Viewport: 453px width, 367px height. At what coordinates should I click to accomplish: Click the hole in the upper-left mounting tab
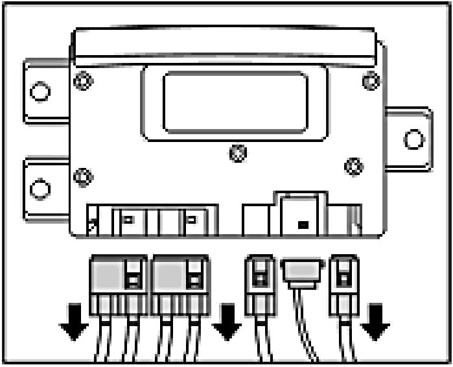coord(40,92)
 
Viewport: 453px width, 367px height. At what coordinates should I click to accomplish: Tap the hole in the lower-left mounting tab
coord(40,189)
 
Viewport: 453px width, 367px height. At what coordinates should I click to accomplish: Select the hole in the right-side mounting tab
coord(413,139)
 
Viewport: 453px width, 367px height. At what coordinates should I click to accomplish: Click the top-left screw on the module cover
coord(82,82)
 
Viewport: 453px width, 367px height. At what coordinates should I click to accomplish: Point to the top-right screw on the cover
coord(371,82)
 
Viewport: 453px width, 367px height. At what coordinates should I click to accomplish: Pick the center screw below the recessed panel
coord(238,153)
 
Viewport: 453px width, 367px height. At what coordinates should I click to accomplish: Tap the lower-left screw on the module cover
coord(83,176)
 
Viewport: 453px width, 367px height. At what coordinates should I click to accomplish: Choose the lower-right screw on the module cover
coord(354,166)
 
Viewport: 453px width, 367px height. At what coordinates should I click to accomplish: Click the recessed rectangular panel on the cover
coord(235,102)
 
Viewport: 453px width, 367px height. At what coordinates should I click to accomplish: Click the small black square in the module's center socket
coord(301,225)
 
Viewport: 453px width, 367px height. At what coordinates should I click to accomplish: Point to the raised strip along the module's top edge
coord(224,42)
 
